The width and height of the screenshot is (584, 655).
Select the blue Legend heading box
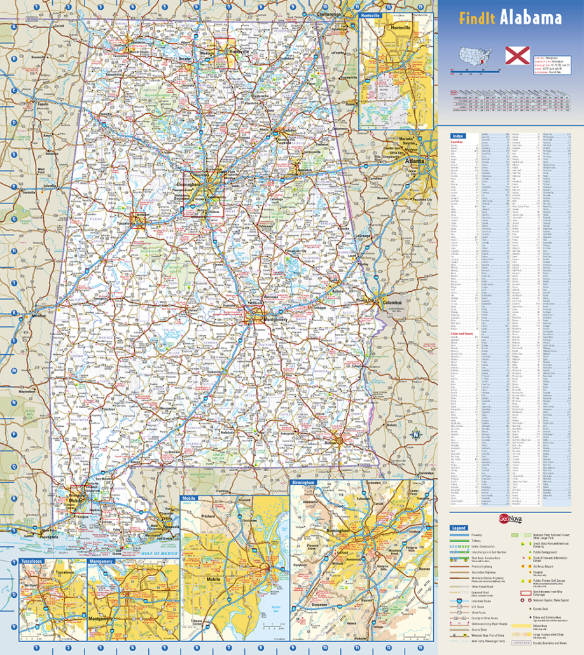458,528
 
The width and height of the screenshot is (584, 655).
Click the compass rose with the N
416,436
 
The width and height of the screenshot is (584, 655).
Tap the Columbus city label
391,303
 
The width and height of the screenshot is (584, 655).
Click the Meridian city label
39,315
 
